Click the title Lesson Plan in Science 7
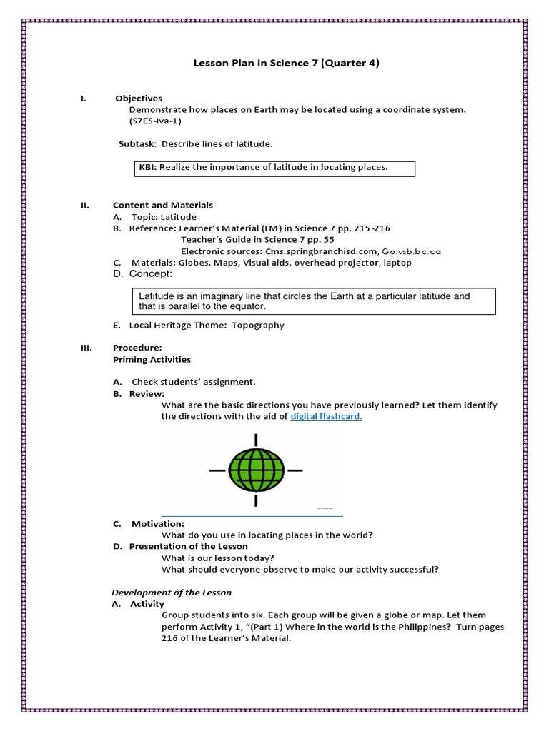pyautogui.click(x=287, y=63)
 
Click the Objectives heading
pyautogui.click(x=145, y=98)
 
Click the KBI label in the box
pyautogui.click(x=147, y=168)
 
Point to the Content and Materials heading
pyautogui.click(x=163, y=205)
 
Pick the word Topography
pyautogui.click(x=257, y=325)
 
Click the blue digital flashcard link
pyautogui.click(x=326, y=417)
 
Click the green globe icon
pyautogui.click(x=256, y=470)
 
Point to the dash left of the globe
pyautogui.click(x=217, y=470)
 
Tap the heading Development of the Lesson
pyautogui.click(x=172, y=593)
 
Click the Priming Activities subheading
pyautogui.click(x=152, y=359)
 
